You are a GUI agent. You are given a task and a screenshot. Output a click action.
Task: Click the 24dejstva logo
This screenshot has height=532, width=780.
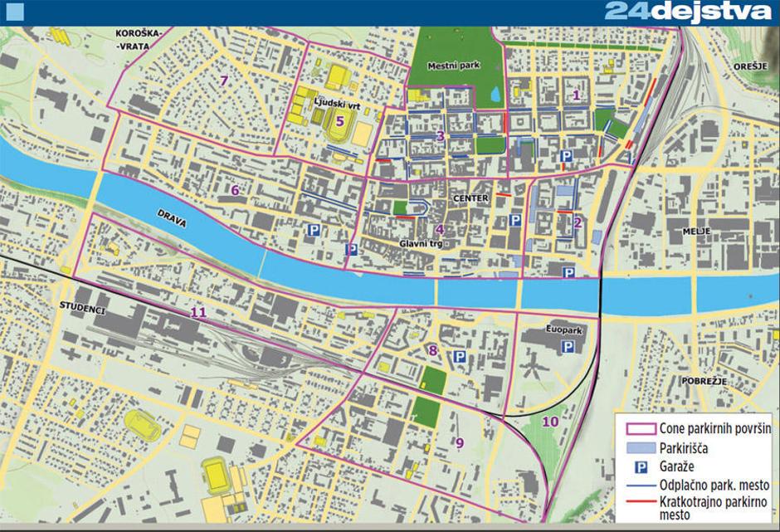pyautogui.click(x=689, y=12)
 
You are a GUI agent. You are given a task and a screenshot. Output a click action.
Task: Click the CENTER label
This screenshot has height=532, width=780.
pyautogui.click(x=471, y=199)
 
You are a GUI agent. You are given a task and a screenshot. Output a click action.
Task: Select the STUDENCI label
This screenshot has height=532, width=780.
pyautogui.click(x=80, y=309)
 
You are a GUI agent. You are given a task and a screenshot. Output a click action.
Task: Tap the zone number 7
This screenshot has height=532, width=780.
pyautogui.click(x=223, y=81)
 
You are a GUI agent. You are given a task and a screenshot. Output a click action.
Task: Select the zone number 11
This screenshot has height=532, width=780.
pyautogui.click(x=197, y=313)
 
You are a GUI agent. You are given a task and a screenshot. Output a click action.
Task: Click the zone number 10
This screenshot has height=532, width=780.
pyautogui.click(x=550, y=422)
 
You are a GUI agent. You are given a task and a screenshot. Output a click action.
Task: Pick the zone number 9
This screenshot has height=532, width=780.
pyautogui.click(x=459, y=443)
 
